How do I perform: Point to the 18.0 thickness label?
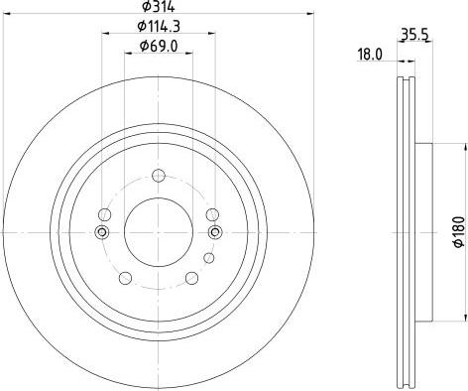click(369, 57)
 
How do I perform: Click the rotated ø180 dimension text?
click(458, 229)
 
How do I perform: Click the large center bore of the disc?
click(158, 231)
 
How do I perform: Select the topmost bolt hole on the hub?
click(158, 177)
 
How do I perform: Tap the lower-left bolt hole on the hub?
click(127, 278)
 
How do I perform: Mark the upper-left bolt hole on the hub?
click(105, 213)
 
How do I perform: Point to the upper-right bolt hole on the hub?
click(211, 213)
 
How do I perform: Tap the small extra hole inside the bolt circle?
click(208, 259)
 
